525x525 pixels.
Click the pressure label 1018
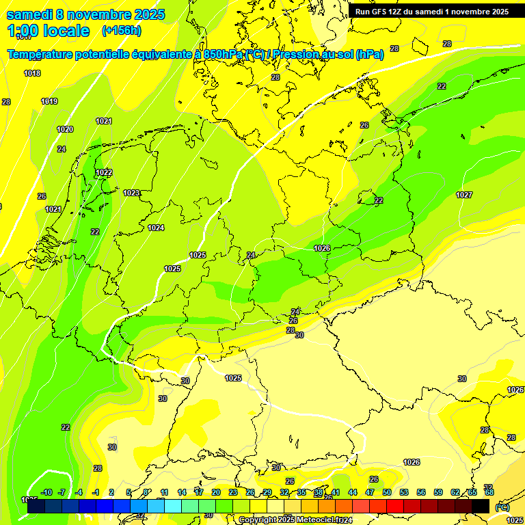[32, 73]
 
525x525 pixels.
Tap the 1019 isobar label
[49, 101]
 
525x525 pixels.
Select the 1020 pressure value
[65, 129]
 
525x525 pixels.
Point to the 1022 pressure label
[104, 172]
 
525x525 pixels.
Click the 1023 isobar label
[131, 193]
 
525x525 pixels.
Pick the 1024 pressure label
[156, 228]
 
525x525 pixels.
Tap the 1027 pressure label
[464, 195]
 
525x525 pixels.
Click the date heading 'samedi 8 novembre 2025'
[85, 14]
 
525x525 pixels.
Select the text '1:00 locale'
[49, 31]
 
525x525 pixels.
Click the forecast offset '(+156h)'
[122, 31]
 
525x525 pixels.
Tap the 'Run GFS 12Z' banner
[431, 12]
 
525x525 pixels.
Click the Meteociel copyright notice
[295, 520]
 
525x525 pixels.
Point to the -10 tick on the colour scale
[47, 492]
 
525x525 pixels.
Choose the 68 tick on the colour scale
[489, 492]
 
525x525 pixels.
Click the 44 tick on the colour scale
[353, 492]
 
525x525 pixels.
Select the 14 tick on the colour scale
[182, 492]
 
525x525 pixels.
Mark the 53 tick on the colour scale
[403, 492]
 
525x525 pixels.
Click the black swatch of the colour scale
[481, 506]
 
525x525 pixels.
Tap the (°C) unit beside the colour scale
[502, 507]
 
